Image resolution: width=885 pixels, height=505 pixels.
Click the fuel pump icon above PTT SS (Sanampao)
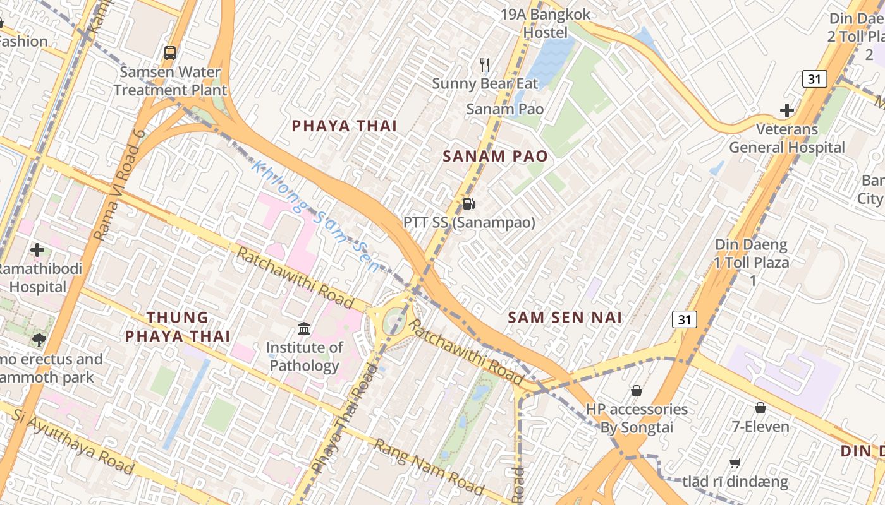pyautogui.click(x=468, y=203)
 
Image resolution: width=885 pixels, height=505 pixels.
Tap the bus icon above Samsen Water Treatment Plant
pyautogui.click(x=170, y=53)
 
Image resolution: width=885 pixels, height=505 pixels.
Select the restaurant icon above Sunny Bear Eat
pyautogui.click(x=485, y=64)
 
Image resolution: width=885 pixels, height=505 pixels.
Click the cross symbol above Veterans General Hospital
pyautogui.click(x=786, y=111)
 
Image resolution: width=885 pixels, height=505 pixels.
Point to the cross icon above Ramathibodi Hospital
pyautogui.click(x=37, y=250)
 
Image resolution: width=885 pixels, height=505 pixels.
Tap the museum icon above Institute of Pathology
pyautogui.click(x=304, y=328)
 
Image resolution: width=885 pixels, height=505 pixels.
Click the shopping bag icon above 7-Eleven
pyautogui.click(x=760, y=408)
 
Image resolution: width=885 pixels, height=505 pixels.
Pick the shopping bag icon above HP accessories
pyautogui.click(x=636, y=391)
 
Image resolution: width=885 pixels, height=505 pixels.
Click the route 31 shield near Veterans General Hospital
pyautogui.click(x=814, y=79)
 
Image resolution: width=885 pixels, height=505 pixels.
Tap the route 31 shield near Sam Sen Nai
pyautogui.click(x=684, y=319)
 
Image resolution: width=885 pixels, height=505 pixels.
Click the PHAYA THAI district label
pyautogui.click(x=344, y=126)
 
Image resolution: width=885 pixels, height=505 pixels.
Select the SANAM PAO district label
pyautogui.click(x=495, y=156)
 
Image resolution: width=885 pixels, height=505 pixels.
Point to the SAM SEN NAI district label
pyautogui.click(x=565, y=318)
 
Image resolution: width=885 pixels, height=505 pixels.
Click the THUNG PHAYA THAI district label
pyautogui.click(x=178, y=326)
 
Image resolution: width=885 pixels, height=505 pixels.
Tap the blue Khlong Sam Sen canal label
pyautogui.click(x=315, y=217)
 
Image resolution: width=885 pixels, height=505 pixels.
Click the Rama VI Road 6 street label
pyautogui.click(x=120, y=184)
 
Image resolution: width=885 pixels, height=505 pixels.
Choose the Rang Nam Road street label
pyautogui.click(x=429, y=466)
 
